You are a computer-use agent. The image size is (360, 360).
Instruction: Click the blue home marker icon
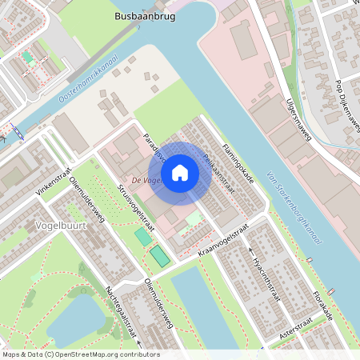coord(180,173)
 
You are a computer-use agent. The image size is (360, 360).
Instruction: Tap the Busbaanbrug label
coord(145,15)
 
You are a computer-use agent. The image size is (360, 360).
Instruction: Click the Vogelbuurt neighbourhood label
coord(62,226)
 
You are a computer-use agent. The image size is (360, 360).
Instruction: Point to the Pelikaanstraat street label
coord(217,170)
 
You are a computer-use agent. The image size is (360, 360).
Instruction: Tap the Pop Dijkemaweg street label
coord(342,103)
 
